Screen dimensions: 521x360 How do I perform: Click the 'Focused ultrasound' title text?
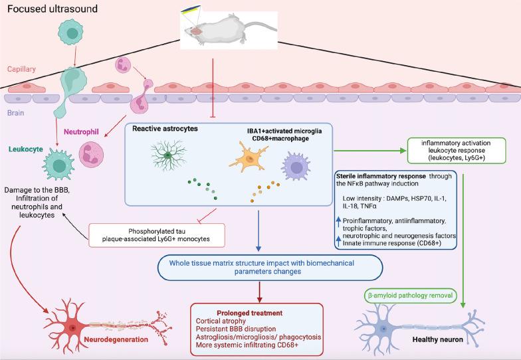click(x=52, y=9)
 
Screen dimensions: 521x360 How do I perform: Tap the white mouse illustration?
click(x=230, y=30)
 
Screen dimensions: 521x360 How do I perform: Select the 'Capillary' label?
click(x=21, y=69)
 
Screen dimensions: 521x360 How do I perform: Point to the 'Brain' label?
click(x=16, y=113)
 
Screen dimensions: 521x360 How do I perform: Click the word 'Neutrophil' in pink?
click(x=81, y=132)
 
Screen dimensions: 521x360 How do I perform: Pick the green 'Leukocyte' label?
click(x=26, y=149)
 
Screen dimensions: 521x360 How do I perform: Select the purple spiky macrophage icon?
click(x=296, y=166)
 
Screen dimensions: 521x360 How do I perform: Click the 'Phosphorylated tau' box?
click(x=157, y=235)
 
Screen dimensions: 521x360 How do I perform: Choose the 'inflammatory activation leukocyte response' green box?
click(x=456, y=150)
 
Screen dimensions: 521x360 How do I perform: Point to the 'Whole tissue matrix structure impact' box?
click(x=270, y=267)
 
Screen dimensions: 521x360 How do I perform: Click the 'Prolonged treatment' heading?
click(x=250, y=313)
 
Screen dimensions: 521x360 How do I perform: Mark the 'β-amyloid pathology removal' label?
click(x=410, y=295)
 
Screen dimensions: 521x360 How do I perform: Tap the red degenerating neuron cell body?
click(x=73, y=327)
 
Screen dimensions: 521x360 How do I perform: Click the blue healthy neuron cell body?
click(x=384, y=329)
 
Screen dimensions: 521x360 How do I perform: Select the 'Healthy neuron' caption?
click(x=437, y=339)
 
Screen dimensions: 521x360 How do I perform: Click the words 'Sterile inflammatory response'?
click(x=381, y=176)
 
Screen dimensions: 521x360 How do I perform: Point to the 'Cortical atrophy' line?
click(x=221, y=321)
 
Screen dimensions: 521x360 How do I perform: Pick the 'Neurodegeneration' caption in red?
click(x=116, y=339)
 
